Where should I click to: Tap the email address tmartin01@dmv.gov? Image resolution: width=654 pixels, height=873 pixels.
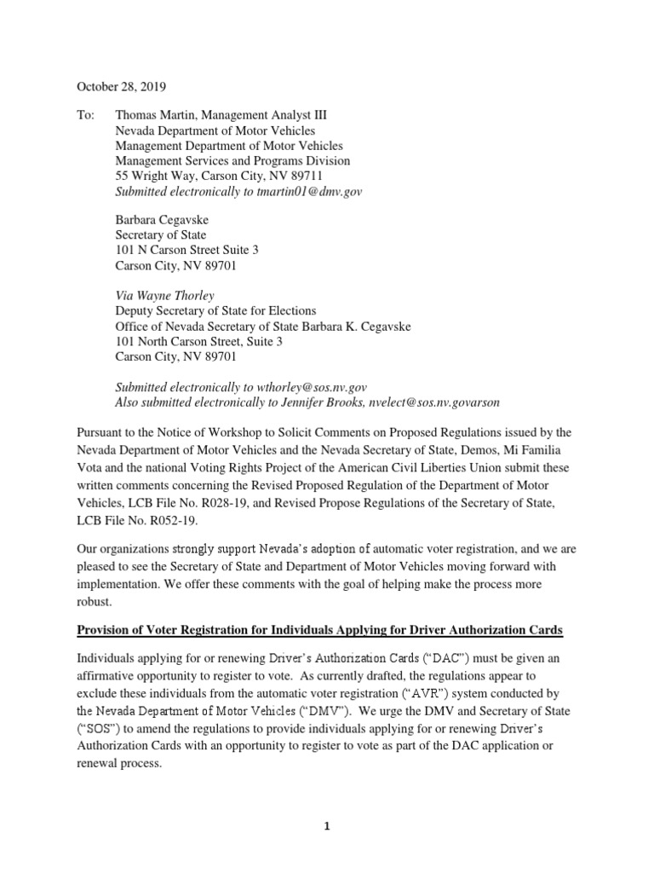[307, 192]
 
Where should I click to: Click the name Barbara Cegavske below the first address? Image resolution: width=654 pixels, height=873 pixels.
[162, 220]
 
